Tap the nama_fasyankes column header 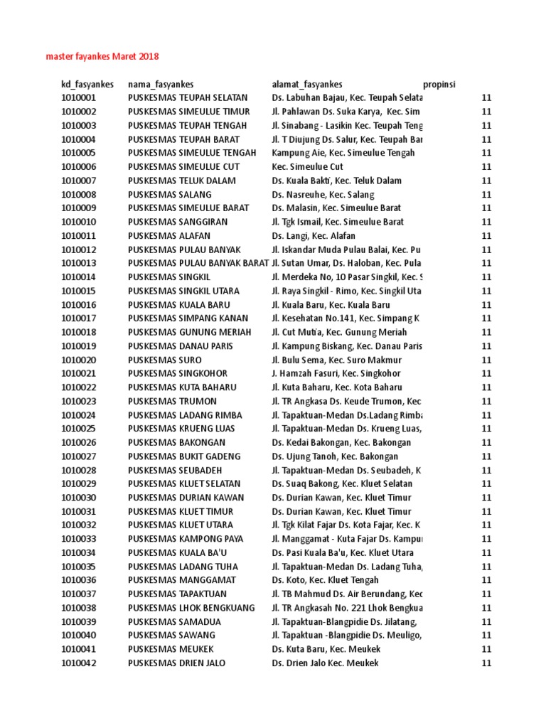[x=161, y=84]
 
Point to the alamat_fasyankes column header [x=307, y=84]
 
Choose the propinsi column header [x=439, y=84]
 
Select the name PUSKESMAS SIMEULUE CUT [x=183, y=166]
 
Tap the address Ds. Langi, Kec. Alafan [x=314, y=235]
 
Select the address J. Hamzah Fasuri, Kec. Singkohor [x=336, y=373]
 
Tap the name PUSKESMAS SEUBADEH [x=175, y=470]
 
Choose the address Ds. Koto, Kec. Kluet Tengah [x=326, y=580]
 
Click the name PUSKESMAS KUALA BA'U [x=179, y=552]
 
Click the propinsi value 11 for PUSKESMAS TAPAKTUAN [x=486, y=594]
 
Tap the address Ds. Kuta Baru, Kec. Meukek [x=326, y=649]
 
